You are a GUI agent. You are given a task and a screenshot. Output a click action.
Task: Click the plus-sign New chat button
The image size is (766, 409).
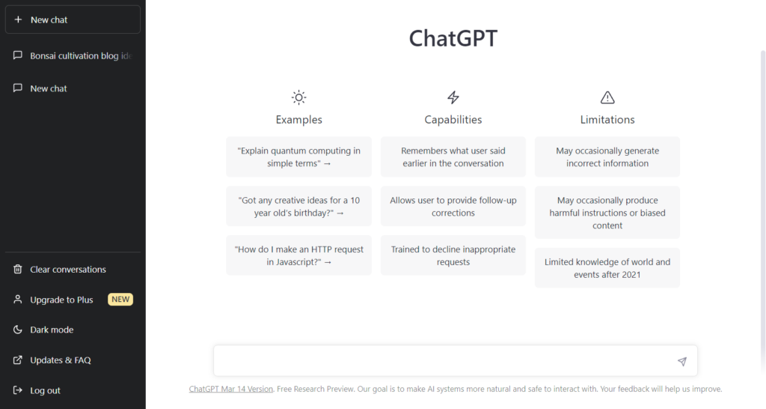click(72, 19)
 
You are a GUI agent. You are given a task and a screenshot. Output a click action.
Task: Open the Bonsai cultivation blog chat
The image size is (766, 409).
click(74, 55)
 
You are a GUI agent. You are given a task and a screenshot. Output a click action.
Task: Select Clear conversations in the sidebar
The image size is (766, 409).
click(67, 269)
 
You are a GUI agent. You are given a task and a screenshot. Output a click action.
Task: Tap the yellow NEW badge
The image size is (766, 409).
click(120, 300)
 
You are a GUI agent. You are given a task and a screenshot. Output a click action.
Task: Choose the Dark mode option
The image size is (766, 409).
click(52, 330)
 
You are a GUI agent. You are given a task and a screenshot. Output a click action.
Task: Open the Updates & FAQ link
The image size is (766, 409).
click(60, 360)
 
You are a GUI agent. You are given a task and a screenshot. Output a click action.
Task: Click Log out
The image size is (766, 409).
click(45, 390)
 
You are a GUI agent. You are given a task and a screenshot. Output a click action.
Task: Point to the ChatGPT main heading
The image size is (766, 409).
click(453, 38)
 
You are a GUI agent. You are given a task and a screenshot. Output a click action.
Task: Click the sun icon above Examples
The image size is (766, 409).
click(298, 97)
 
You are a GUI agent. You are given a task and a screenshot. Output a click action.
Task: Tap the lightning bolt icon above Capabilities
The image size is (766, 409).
click(453, 97)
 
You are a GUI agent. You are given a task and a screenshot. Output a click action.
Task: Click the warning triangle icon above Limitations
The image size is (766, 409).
click(607, 97)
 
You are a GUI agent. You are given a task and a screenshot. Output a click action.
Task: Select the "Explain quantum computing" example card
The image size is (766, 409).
click(298, 157)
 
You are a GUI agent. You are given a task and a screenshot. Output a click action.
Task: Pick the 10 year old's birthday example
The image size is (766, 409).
click(298, 206)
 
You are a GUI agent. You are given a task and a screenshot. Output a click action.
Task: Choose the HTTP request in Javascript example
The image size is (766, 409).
click(298, 255)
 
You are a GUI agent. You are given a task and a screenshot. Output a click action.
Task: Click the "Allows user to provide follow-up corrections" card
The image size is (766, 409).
click(453, 206)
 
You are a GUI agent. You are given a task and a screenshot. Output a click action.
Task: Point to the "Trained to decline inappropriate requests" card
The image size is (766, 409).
click(453, 255)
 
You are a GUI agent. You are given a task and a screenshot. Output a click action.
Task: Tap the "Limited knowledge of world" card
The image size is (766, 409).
click(607, 267)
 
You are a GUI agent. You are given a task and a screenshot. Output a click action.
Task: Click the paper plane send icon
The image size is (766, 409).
click(681, 361)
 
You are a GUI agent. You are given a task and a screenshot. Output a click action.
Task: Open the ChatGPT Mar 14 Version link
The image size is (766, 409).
click(231, 389)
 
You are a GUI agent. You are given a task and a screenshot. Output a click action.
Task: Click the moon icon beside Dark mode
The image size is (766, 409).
click(18, 330)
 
